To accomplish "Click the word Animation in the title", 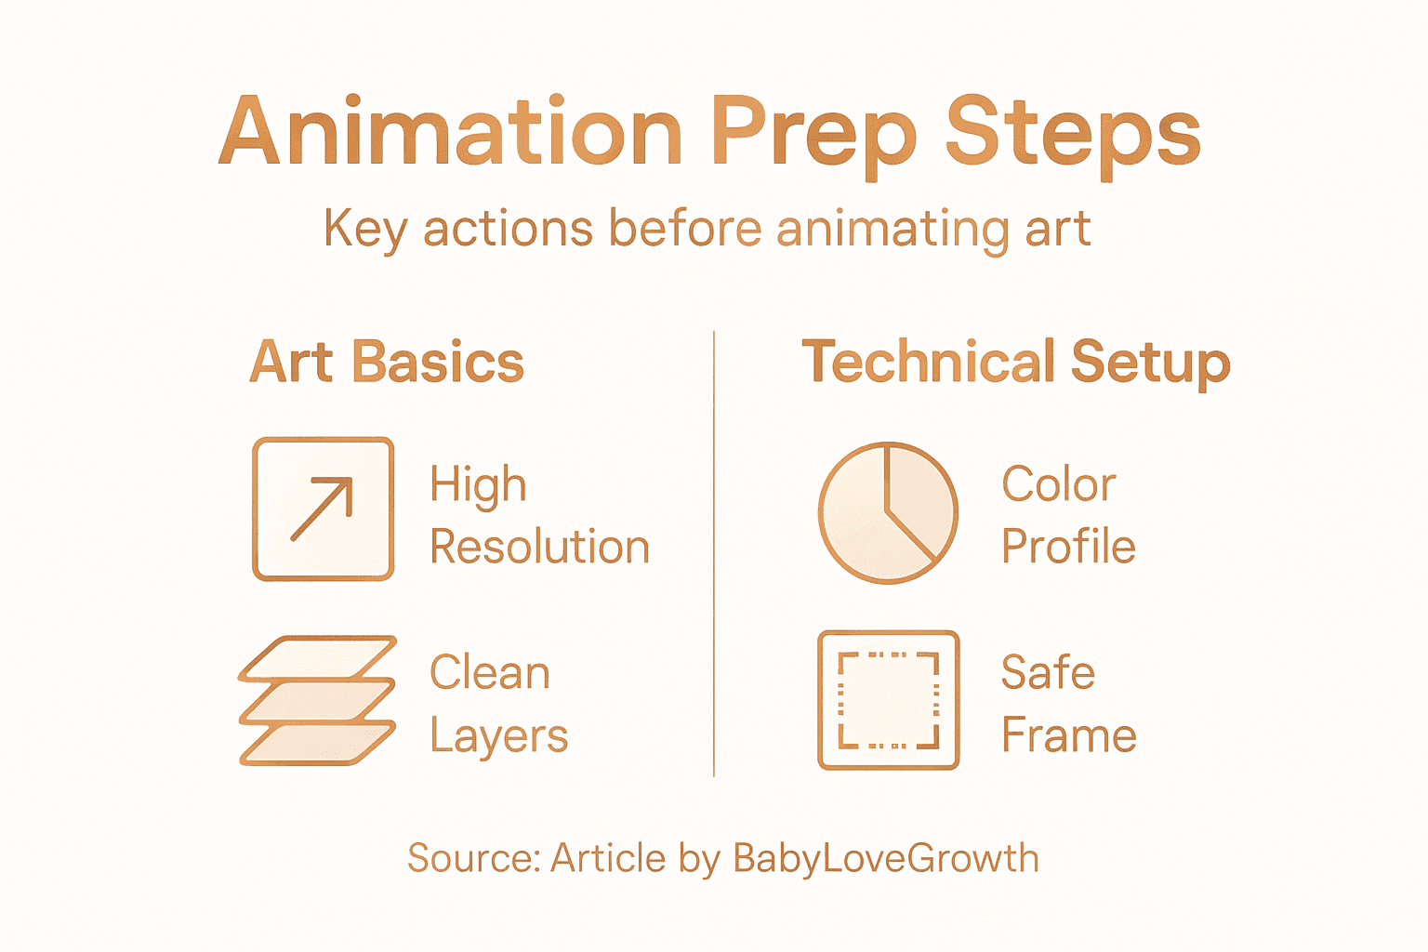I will pyautogui.click(x=451, y=132).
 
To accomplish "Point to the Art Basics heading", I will pyautogui.click(x=387, y=362).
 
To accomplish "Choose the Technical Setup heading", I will pyautogui.click(x=1015, y=362).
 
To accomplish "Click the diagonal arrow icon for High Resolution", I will pyautogui.click(x=323, y=509).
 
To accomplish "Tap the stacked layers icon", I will pyautogui.click(x=318, y=701).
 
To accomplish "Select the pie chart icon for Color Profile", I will pyautogui.click(x=888, y=512).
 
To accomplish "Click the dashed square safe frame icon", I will pyautogui.click(x=888, y=700).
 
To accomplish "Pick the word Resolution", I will pyautogui.click(x=539, y=547).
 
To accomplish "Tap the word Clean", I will pyautogui.click(x=490, y=672).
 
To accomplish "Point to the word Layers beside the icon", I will pyautogui.click(x=498, y=736).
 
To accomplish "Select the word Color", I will pyautogui.click(x=1058, y=484).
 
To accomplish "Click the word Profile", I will pyautogui.click(x=1068, y=547).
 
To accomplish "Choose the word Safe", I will pyautogui.click(x=1048, y=672).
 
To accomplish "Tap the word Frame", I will pyautogui.click(x=1068, y=735).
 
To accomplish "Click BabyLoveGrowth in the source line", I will pyautogui.click(x=885, y=858).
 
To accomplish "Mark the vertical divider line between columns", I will pyautogui.click(x=714, y=553).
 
